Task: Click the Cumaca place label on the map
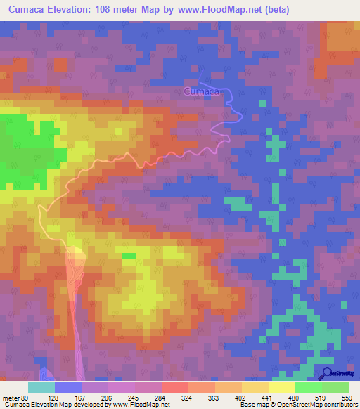tap(202, 92)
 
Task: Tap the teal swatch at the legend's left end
tap(41, 387)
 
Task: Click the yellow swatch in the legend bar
tap(282, 387)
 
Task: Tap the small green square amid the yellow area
tap(129, 256)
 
